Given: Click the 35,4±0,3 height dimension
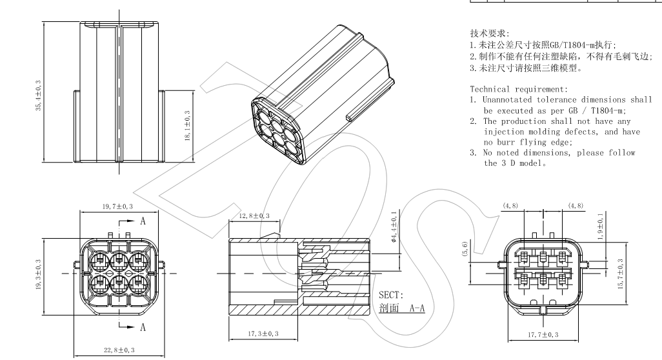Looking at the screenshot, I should pyautogui.click(x=38, y=96).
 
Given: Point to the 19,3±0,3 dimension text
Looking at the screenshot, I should pyautogui.click(x=38, y=277).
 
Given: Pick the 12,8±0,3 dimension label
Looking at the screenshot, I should pyautogui.click(x=254, y=215).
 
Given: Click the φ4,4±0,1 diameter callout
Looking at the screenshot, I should pyautogui.click(x=394, y=230).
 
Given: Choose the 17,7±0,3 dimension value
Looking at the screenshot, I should pyautogui.click(x=543, y=334).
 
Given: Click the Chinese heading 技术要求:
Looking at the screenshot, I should pyautogui.click(x=489, y=32).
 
